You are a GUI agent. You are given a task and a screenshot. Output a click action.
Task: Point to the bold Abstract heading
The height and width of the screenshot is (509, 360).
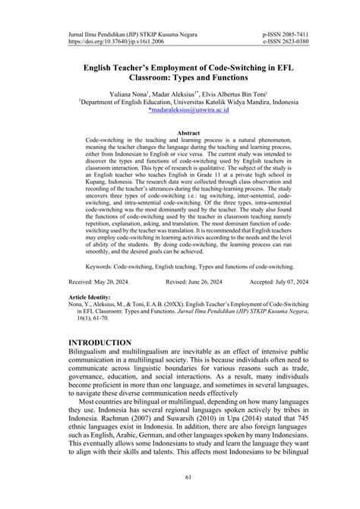179,131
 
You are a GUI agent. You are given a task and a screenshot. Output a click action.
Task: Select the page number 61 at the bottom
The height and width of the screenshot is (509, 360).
179,477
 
